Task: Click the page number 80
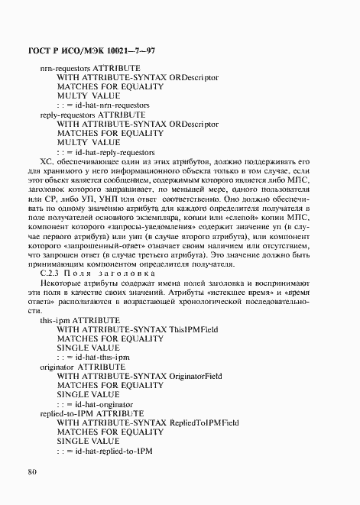(x=32, y=471)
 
